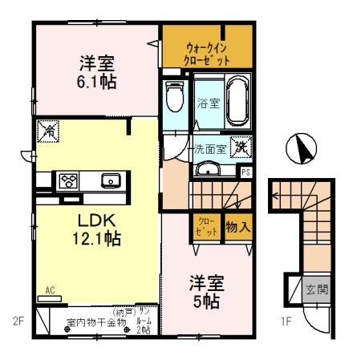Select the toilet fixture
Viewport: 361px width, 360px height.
click(173, 100)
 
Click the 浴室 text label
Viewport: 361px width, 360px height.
click(206, 102)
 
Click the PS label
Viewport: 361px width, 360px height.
click(246, 171)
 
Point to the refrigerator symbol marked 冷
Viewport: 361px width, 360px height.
click(47, 128)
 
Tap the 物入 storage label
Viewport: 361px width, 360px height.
click(239, 227)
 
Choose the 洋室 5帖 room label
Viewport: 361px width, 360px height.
click(206, 293)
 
